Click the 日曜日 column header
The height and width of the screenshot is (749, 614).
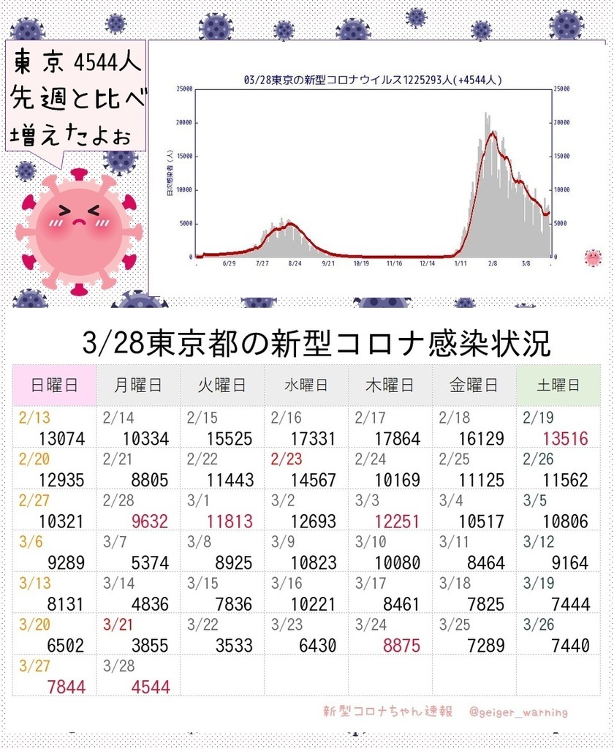[54, 385]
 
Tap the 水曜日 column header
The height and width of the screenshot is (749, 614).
[306, 385]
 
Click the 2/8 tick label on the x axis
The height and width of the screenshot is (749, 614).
[493, 264]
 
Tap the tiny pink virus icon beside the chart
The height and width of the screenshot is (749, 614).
[593, 257]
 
